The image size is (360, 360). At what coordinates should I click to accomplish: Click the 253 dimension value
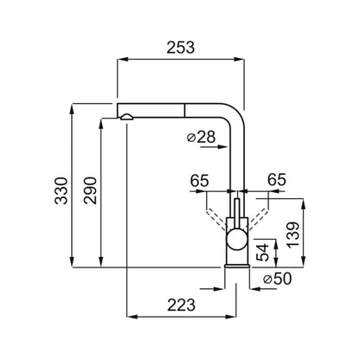pyautogui.click(x=181, y=48)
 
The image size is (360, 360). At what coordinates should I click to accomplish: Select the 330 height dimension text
pyautogui.click(x=61, y=190)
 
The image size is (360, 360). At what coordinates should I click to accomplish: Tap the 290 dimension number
pyautogui.click(x=90, y=190)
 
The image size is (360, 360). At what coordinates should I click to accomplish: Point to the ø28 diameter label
pyautogui.click(x=201, y=137)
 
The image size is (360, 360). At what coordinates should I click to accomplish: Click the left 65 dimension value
pyautogui.click(x=199, y=181)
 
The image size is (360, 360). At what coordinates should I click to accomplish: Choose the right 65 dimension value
pyautogui.click(x=277, y=179)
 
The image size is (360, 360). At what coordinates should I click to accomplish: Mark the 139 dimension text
pyautogui.click(x=293, y=235)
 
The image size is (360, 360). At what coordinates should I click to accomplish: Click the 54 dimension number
pyautogui.click(x=263, y=252)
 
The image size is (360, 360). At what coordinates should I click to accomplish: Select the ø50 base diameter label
pyautogui.click(x=278, y=279)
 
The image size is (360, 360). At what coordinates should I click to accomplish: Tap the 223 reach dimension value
pyautogui.click(x=181, y=305)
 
